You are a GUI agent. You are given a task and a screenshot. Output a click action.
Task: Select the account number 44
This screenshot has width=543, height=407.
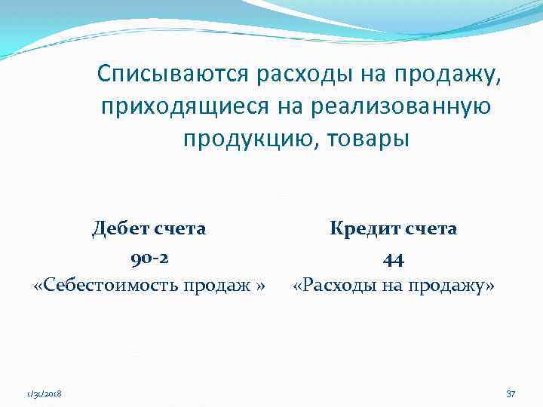tap(393, 259)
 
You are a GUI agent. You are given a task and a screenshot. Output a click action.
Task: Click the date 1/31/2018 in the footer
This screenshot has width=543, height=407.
tap(44, 394)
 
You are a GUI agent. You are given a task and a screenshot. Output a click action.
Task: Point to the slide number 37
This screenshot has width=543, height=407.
tap(511, 394)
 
